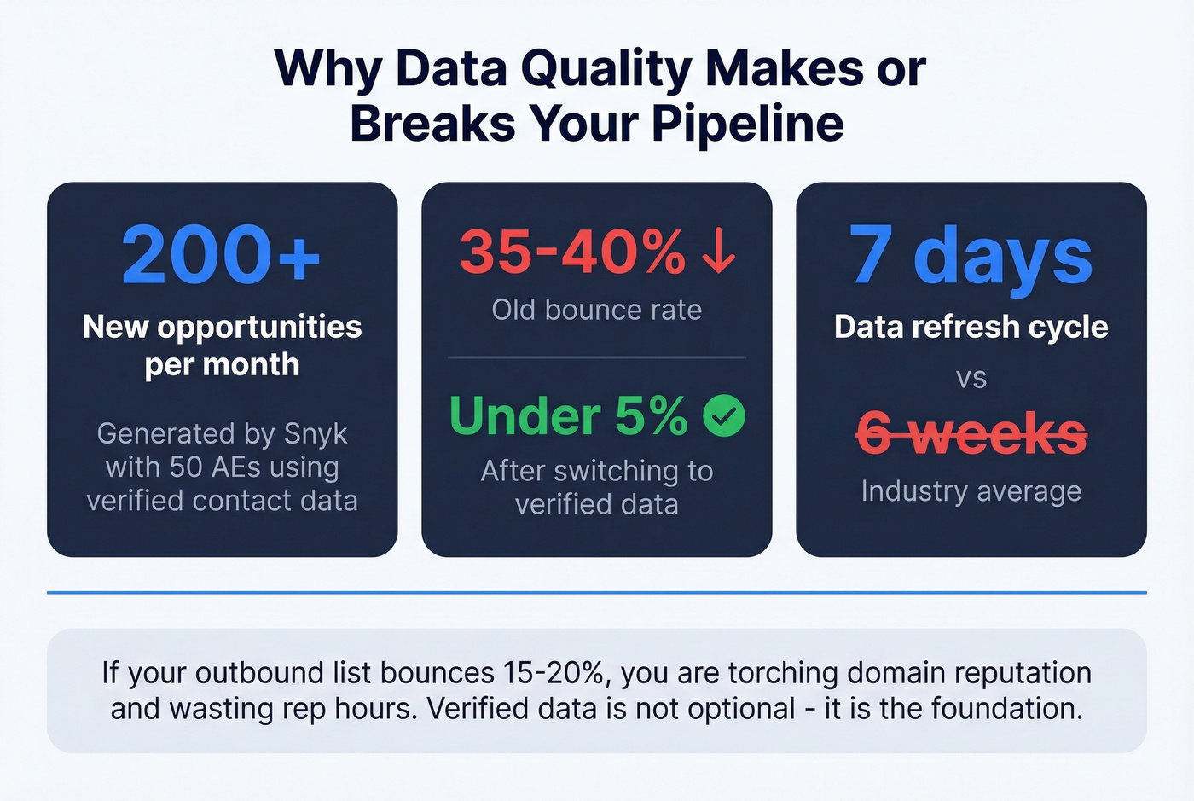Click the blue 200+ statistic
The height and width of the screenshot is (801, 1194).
click(221, 254)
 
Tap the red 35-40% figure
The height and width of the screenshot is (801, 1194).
click(572, 252)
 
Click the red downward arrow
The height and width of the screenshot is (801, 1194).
click(719, 252)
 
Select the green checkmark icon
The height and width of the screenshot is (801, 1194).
click(724, 416)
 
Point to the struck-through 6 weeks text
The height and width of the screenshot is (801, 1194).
click(971, 434)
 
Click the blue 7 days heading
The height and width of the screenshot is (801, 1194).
click(971, 254)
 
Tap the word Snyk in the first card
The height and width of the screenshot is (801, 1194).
click(316, 434)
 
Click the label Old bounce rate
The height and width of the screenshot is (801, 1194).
click(597, 310)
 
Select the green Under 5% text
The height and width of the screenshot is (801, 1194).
click(568, 416)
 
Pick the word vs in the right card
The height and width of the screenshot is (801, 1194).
click(971, 378)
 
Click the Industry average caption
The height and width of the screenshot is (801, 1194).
click(971, 491)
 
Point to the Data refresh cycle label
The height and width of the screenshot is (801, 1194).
click(971, 327)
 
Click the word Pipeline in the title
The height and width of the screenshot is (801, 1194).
click(748, 124)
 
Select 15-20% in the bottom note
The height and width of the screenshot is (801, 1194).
click(554, 673)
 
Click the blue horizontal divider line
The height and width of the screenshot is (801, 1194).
click(597, 592)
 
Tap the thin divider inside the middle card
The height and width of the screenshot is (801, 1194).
click(597, 357)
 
